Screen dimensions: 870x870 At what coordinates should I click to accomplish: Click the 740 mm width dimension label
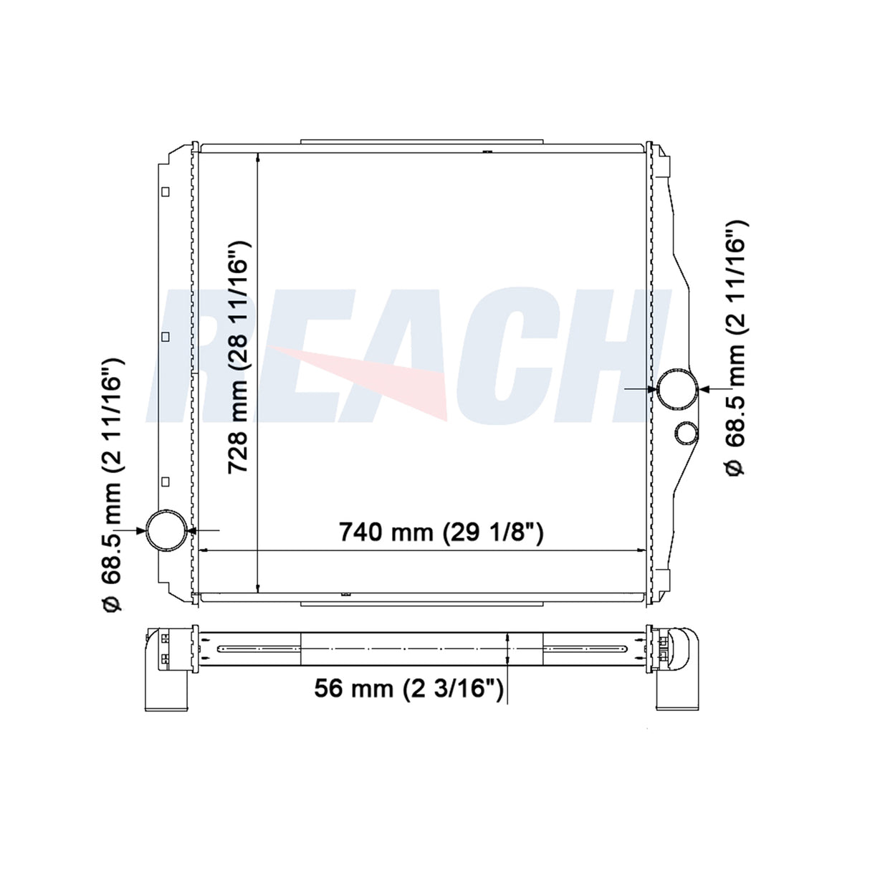coord(441,532)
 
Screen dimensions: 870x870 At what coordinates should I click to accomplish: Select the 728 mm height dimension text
coord(238,357)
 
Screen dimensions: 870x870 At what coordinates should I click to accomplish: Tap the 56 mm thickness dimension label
coord(408,689)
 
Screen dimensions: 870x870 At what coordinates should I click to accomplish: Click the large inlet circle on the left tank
coord(166,530)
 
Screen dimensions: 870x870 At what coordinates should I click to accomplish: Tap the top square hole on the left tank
coord(166,192)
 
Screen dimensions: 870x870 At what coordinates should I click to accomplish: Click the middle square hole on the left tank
coord(166,337)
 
